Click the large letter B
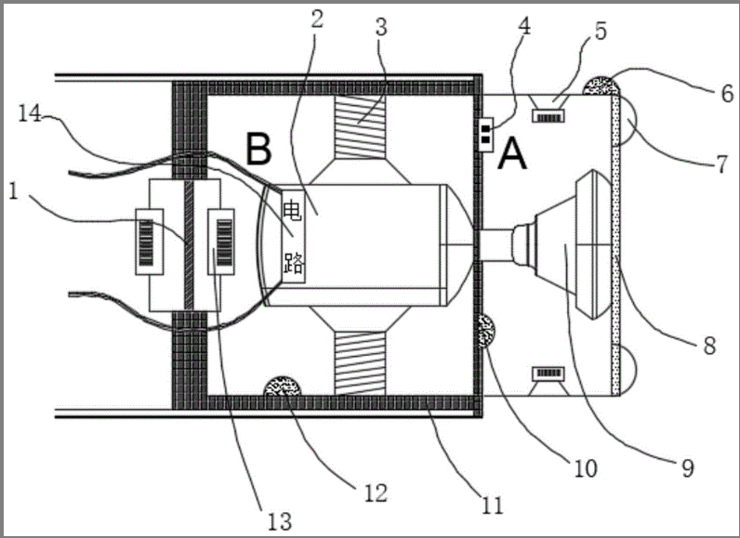(x=258, y=149)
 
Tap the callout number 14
(x=30, y=113)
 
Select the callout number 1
(x=13, y=191)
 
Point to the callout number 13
(x=280, y=521)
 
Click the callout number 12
(x=376, y=492)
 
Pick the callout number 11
(x=492, y=505)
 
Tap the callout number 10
(x=585, y=468)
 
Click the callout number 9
(x=688, y=468)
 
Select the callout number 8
(x=709, y=346)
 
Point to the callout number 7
(x=722, y=164)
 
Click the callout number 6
(x=727, y=93)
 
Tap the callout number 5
(x=601, y=31)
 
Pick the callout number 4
(x=523, y=26)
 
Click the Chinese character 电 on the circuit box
(x=293, y=210)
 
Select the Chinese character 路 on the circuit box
(x=293, y=263)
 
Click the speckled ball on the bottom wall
(x=283, y=386)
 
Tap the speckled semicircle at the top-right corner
(x=601, y=85)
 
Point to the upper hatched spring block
(x=360, y=126)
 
